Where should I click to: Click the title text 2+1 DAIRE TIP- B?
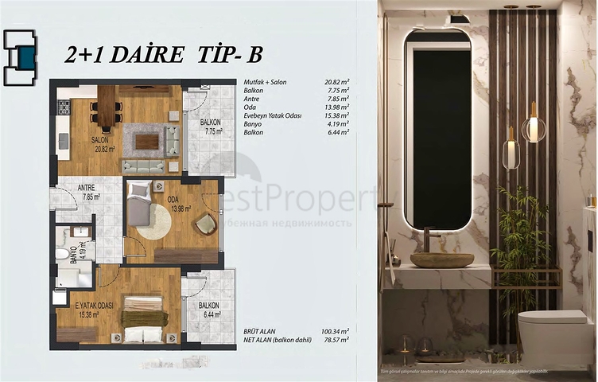coord(162,54)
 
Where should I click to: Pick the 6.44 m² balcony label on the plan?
coord(208,310)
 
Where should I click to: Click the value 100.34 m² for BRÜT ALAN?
coord(336,330)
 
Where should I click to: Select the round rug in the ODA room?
coord(150,222)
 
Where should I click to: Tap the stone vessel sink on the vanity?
coord(441,259)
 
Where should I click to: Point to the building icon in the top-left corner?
coord(19,57)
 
